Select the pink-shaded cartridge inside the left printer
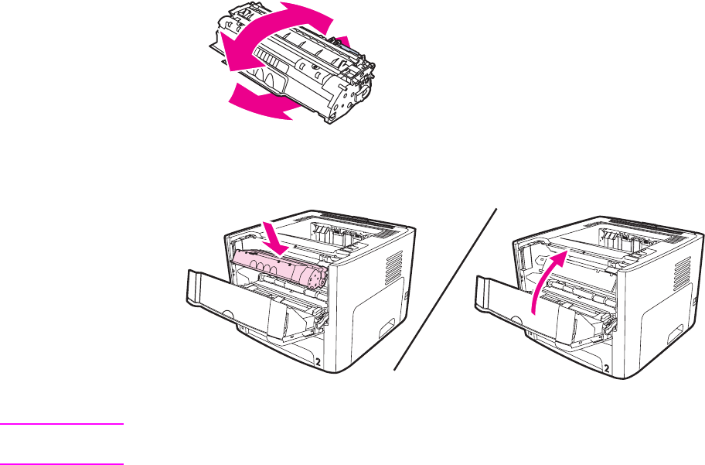pos(278,268)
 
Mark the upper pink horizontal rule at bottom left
pos(62,424)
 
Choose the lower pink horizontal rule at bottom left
pos(62,463)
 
